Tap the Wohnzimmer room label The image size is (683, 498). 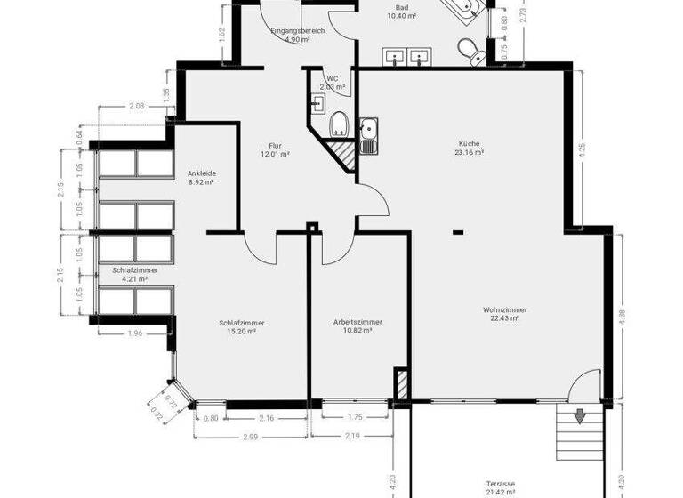click(x=499, y=309)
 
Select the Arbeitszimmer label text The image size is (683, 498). click(x=358, y=321)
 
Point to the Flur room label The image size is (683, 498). click(x=276, y=145)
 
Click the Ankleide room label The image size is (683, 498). click(x=202, y=173)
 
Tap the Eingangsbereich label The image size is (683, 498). click(x=298, y=31)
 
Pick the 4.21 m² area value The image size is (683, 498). click(x=135, y=278)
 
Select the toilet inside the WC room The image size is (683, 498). click(x=338, y=124)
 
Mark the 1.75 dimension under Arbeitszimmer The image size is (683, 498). click(x=355, y=417)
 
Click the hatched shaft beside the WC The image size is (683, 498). click(x=341, y=156)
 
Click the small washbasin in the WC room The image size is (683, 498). click(x=317, y=102)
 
